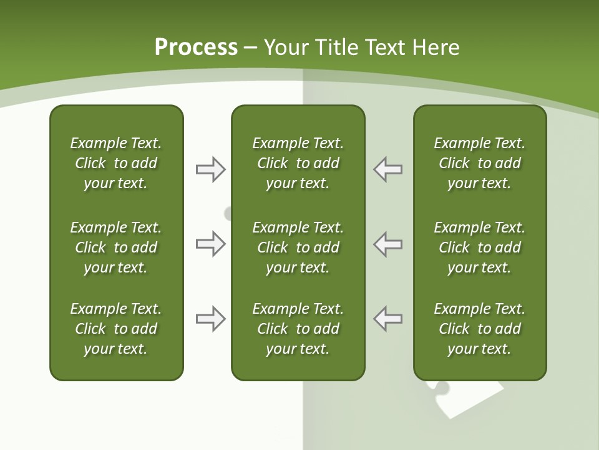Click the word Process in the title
196,47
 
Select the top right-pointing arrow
210,169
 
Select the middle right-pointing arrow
210,244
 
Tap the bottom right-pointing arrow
210,319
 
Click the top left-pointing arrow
388,169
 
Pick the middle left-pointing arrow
388,244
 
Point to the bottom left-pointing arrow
388,318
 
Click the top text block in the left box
116,163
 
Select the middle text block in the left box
116,247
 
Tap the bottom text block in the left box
116,329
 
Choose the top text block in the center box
298,163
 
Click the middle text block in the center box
298,247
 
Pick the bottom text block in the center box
298,329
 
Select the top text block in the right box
480,163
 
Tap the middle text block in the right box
480,247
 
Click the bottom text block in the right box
480,329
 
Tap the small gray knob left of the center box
228,214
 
